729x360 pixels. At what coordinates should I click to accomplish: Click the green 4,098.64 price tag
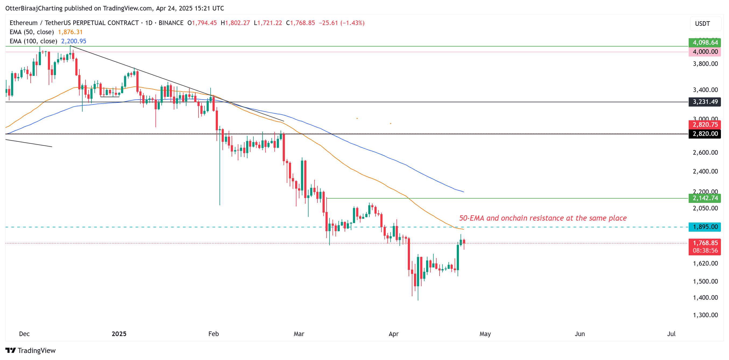(x=705, y=43)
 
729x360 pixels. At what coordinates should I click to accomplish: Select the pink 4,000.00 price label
(x=705, y=51)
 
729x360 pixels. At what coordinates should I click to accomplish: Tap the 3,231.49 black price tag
(x=705, y=102)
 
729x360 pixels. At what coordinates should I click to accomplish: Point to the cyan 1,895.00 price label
(x=705, y=227)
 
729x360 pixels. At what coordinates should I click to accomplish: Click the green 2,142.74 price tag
(x=705, y=198)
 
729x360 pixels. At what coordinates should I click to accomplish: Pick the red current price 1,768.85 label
(x=705, y=243)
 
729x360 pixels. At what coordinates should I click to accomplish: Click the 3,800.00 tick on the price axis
(x=705, y=64)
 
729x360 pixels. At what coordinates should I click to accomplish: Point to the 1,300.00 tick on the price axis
(x=705, y=315)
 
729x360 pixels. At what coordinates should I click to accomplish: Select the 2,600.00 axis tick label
(x=705, y=153)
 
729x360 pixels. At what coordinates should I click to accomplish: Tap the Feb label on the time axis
(x=213, y=334)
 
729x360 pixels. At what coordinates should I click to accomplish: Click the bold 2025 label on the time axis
(x=119, y=334)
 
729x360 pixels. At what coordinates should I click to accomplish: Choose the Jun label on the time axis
(x=580, y=334)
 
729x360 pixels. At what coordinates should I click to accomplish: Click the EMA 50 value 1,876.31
(x=70, y=32)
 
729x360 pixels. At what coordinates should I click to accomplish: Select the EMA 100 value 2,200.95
(x=74, y=41)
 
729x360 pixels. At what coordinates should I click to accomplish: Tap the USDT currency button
(x=702, y=23)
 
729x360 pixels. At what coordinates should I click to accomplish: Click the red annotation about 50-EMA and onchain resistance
(x=543, y=218)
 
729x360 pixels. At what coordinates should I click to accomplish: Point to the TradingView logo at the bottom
(x=31, y=350)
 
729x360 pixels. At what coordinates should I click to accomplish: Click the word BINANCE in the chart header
(x=171, y=23)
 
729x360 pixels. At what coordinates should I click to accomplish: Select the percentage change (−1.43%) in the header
(x=352, y=23)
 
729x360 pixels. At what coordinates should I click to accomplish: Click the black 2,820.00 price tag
(x=705, y=133)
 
